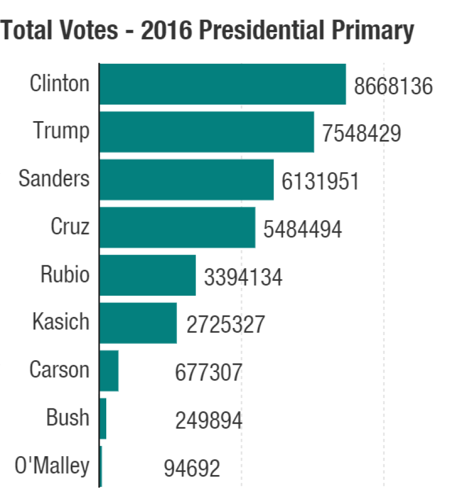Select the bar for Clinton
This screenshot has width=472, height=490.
tap(223, 84)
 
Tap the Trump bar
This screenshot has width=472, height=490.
tap(206, 132)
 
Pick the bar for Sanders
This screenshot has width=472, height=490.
tap(186, 180)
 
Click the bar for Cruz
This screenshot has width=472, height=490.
tap(177, 227)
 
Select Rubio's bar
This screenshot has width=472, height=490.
tap(147, 275)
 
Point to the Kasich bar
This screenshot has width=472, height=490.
tap(138, 323)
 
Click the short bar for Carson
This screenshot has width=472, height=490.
tap(109, 370)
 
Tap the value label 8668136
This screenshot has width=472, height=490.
tap(393, 86)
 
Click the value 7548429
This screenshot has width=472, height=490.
tap(362, 134)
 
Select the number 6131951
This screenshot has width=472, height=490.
tap(320, 182)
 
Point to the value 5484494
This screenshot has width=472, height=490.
tap(303, 229)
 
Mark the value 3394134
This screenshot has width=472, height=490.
tap(243, 277)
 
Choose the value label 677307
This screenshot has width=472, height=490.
tap(209, 373)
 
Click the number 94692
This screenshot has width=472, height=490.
tap(192, 468)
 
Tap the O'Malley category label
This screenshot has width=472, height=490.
tap(52, 465)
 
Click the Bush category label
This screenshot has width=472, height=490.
tap(68, 418)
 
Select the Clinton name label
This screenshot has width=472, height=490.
tap(60, 84)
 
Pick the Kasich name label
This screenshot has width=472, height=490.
tap(61, 322)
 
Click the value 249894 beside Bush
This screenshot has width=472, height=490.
tap(209, 420)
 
